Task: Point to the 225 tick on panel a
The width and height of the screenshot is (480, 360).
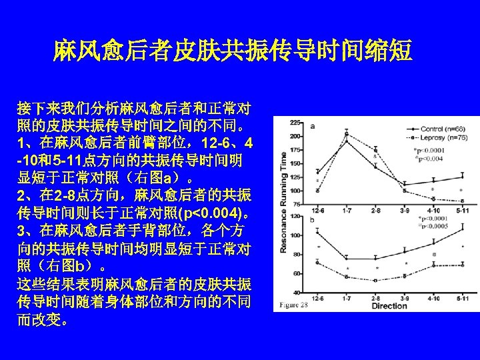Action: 295,122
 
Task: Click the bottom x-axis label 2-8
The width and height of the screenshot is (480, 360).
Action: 376,298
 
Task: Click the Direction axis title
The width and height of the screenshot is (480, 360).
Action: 389,306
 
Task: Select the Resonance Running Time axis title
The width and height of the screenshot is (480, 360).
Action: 283,203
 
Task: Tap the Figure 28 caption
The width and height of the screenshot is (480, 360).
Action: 295,305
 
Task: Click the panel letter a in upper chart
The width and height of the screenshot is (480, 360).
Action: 312,126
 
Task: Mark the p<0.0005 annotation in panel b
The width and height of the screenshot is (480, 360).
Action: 436,225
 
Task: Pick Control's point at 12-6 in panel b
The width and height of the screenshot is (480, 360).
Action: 317,233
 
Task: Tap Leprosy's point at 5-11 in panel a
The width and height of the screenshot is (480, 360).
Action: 462,201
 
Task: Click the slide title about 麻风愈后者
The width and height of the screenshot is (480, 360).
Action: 233,50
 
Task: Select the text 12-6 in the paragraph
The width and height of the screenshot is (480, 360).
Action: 203,143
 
